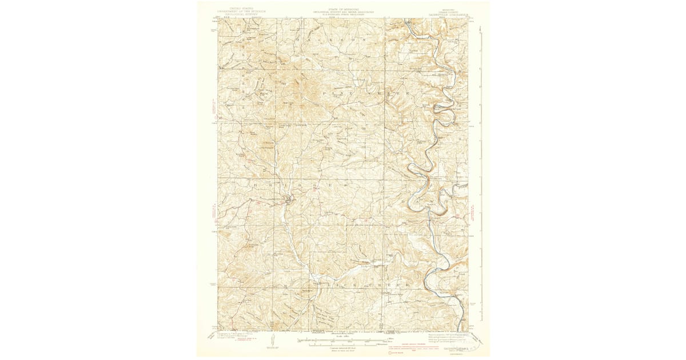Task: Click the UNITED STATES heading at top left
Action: pyautogui.click(x=241, y=9)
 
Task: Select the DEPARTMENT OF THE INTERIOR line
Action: pyautogui.click(x=241, y=11)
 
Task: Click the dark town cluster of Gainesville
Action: pyautogui.click(x=291, y=199)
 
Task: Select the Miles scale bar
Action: pyautogui.click(x=343, y=341)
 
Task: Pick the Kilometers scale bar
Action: pyautogui.click(x=343, y=345)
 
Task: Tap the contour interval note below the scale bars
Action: pyautogui.click(x=343, y=349)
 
